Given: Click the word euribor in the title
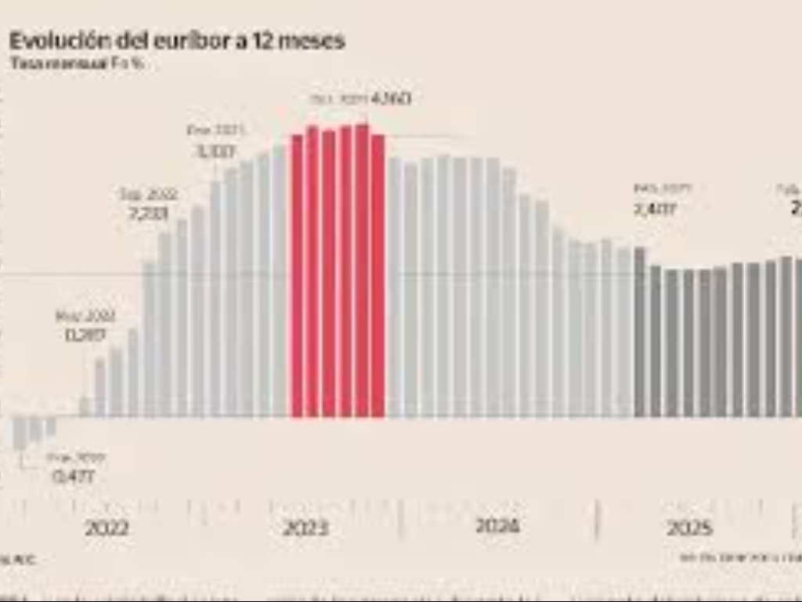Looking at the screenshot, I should pyautogui.click(x=185, y=42).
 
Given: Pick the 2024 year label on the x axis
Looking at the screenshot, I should pyautogui.click(x=497, y=525).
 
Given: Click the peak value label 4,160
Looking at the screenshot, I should pyautogui.click(x=391, y=100).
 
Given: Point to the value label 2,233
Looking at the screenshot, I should pyautogui.click(x=148, y=212).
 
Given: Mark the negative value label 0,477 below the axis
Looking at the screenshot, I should pyautogui.click(x=74, y=476).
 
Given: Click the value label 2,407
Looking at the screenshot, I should pyautogui.click(x=654, y=210).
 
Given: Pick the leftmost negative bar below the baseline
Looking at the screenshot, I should pyautogui.click(x=20, y=433).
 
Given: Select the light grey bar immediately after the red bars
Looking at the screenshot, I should pyautogui.click(x=394, y=287).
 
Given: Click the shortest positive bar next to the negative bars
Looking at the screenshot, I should pyautogui.click(x=85, y=407).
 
